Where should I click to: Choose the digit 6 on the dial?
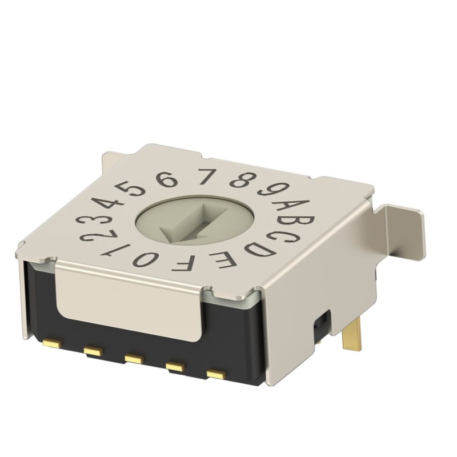point(166,181)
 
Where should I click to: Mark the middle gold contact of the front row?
point(134,358)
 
